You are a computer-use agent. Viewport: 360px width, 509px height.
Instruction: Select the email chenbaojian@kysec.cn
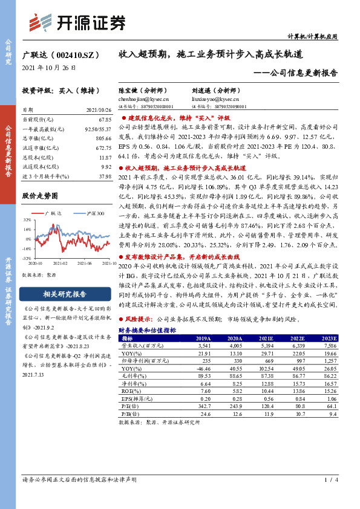[x=144, y=98]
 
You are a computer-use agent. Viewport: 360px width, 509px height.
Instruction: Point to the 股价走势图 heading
[x=40, y=196]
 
